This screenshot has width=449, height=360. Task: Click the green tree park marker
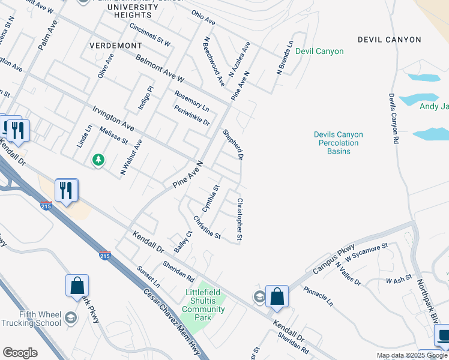tap(98, 160)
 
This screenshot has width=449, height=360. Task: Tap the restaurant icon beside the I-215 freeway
tap(67, 191)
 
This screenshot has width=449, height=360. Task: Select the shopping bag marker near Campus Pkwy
tap(277, 296)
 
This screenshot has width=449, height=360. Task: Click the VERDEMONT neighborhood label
tap(115, 46)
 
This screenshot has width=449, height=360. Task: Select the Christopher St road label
tap(240, 220)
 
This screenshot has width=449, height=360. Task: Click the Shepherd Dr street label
tap(233, 145)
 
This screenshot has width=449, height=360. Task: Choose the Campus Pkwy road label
tap(334, 258)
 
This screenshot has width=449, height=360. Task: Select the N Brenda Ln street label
tap(285, 58)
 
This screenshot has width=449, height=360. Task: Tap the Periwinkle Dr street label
tap(191, 115)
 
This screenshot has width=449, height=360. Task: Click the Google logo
tap(20, 352)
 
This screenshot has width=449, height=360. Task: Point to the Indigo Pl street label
tap(143, 98)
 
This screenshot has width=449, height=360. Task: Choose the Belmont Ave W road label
tap(160, 70)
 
